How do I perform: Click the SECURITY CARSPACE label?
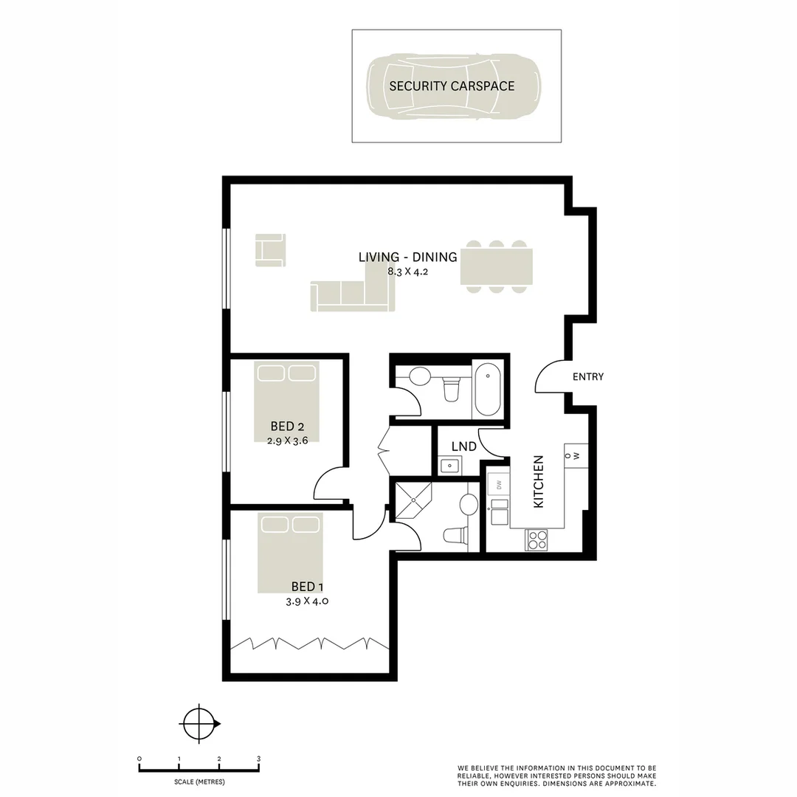coord(452,86)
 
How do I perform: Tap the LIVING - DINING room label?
coord(408,257)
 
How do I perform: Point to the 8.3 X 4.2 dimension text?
coord(408,272)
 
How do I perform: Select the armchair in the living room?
coord(270,249)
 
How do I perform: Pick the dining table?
coord(497,266)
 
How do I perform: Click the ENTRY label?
coord(588,376)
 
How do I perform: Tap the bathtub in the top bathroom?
coord(487,389)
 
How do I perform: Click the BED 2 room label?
coord(287,426)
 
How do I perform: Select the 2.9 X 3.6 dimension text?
coord(287,441)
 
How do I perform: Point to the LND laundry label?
coord(463,446)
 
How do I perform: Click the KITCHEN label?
coord(538,481)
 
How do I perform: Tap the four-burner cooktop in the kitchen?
coord(536,540)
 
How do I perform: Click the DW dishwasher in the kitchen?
coord(499,485)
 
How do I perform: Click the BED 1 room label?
coord(307,587)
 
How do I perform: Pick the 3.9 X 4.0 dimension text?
coord(307,601)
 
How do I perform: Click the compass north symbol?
coord(199,723)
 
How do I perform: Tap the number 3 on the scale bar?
coord(258,759)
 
